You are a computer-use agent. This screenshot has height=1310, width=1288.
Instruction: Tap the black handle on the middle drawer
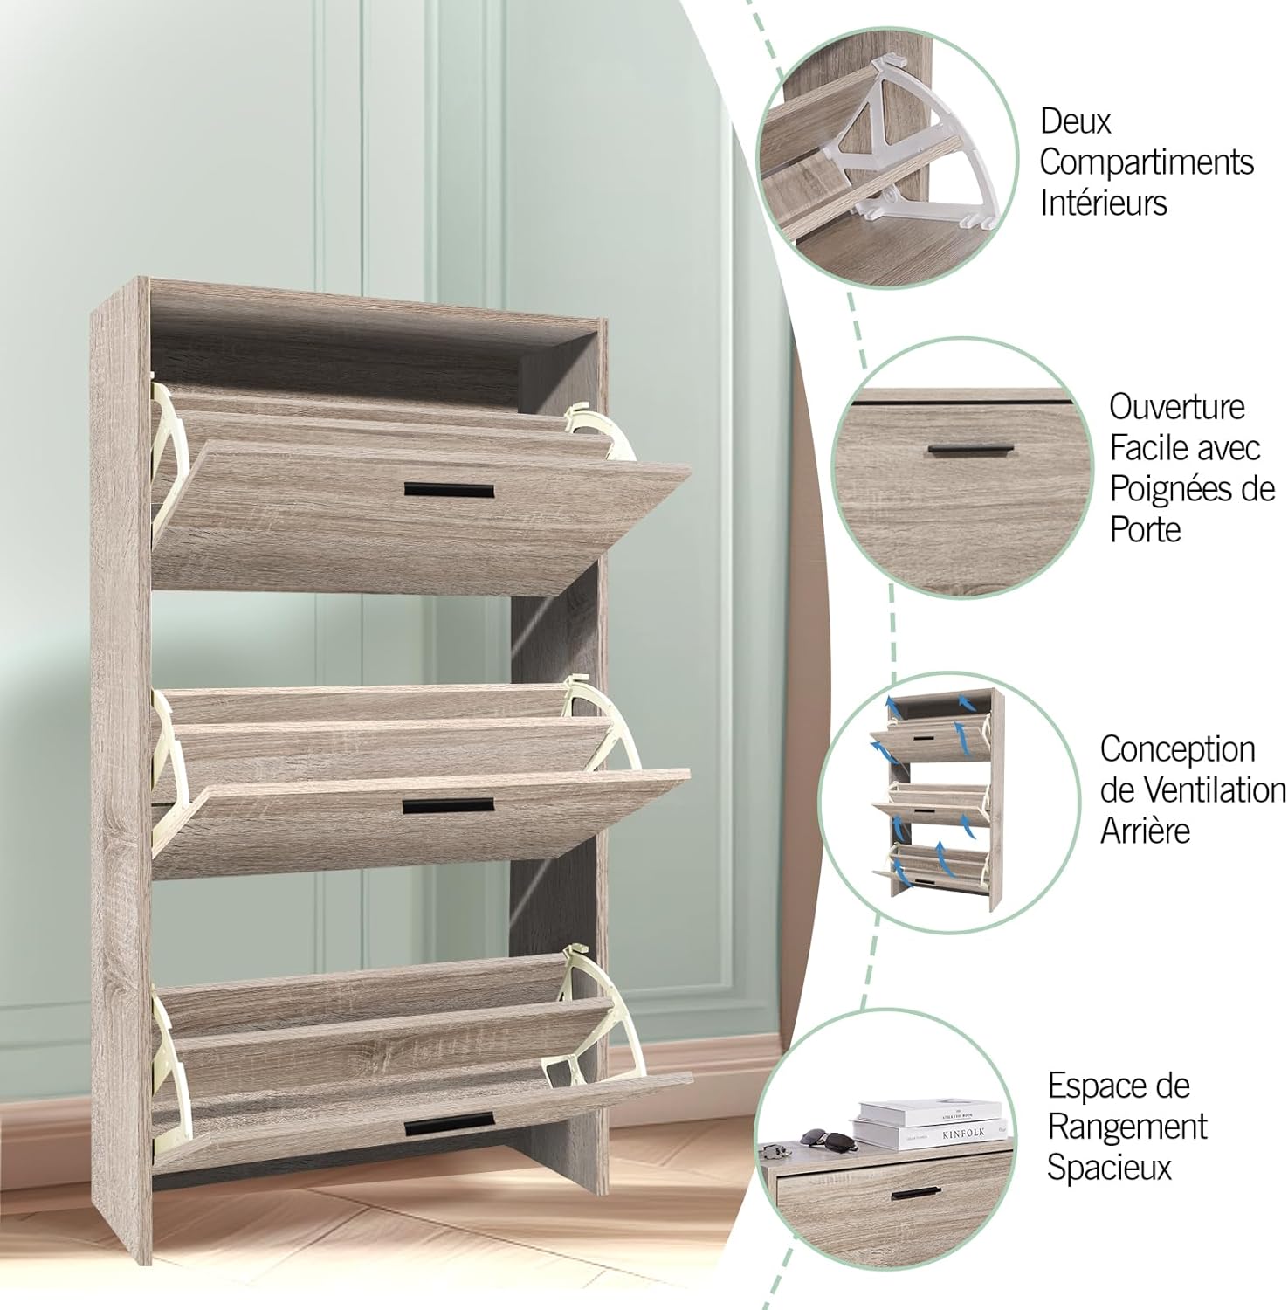(x=449, y=805)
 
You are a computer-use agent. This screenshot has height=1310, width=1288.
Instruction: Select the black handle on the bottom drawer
(x=449, y=1125)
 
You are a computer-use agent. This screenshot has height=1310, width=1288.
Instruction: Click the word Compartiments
(x=1147, y=163)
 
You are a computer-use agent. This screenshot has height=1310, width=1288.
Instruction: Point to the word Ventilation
(x=1194, y=789)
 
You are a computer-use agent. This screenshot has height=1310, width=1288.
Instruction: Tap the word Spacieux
(x=1109, y=1168)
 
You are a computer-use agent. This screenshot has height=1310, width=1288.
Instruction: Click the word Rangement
(x=1127, y=1127)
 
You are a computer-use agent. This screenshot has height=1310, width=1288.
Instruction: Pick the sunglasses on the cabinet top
(x=823, y=1136)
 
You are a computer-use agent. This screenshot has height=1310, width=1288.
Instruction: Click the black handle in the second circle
(x=969, y=450)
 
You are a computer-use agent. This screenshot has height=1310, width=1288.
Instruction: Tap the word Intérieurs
(x=1104, y=203)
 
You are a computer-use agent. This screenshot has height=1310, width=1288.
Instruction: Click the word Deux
(x=1076, y=122)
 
